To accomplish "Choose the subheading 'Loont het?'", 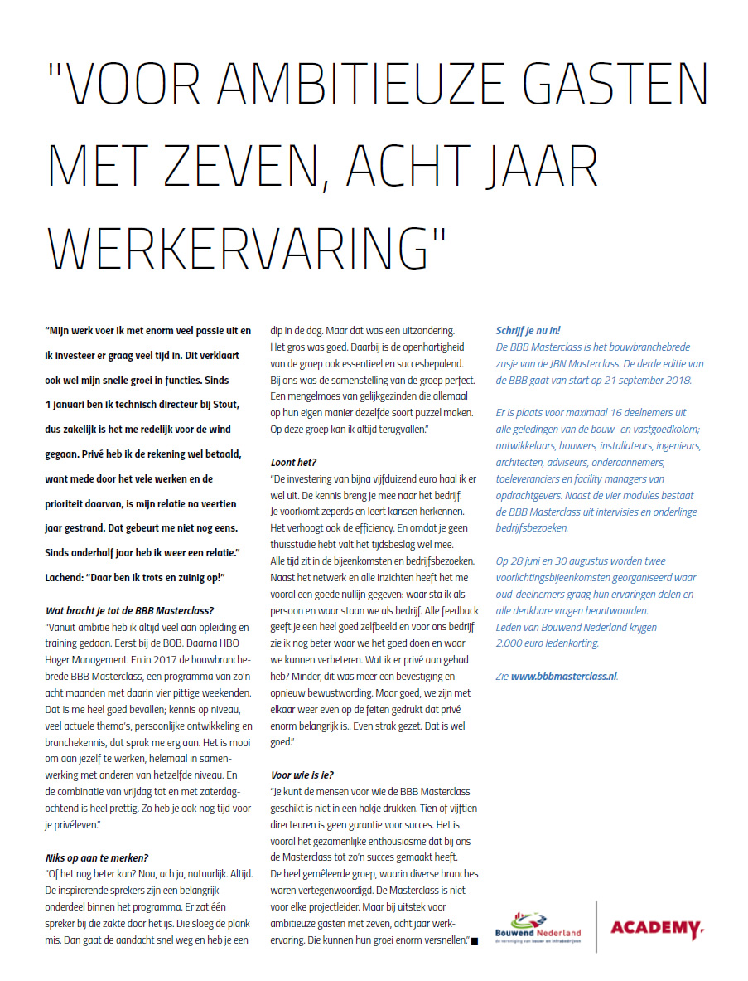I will pyautogui.click(x=294, y=462).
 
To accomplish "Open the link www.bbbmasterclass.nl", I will pyautogui.click(x=564, y=676).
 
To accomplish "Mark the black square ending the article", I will pyautogui.click(x=475, y=940).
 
